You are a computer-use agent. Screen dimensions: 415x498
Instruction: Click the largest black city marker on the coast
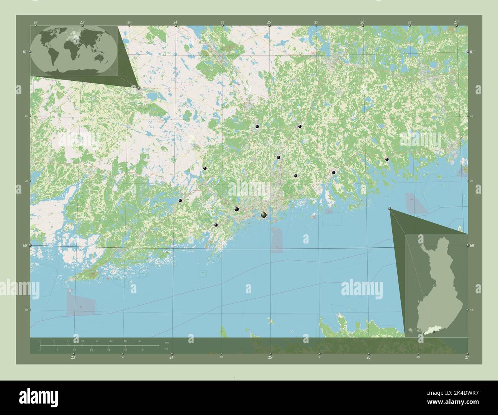(264, 215)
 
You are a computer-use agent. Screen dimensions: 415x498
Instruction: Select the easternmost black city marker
(387, 159)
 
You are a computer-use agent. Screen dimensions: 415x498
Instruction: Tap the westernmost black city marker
(180, 200)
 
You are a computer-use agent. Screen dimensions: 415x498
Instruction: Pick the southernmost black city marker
(216, 225)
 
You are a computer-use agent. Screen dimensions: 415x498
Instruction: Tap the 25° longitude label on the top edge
(269, 22)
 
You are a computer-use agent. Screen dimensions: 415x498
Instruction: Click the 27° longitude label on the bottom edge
(467, 357)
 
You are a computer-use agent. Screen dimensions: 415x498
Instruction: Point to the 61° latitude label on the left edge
(25, 52)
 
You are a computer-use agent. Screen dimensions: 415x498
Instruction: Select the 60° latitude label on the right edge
(472, 245)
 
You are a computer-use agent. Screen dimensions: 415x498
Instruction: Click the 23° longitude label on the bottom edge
(73, 357)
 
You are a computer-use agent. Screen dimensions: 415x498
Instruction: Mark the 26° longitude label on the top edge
(362, 22)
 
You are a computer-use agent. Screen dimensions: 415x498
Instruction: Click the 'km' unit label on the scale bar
(166, 342)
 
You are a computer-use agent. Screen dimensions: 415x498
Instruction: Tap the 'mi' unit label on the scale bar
(166, 349)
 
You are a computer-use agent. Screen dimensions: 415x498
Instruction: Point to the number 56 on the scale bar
(139, 341)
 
